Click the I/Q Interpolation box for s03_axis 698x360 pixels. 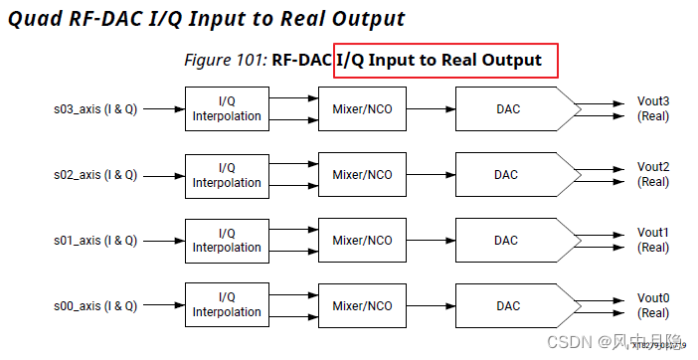(227, 108)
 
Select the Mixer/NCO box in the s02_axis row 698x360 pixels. (362, 174)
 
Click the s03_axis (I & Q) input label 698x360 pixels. (95, 108)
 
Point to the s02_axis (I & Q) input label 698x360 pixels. (95, 174)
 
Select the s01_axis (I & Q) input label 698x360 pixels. (95, 240)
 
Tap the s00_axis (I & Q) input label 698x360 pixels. (95, 305)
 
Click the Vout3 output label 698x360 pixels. (653, 101)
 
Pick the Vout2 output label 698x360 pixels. (653, 167)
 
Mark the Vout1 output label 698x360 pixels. (653, 233)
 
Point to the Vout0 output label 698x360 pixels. (653, 298)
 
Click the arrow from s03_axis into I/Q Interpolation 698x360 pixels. (162, 108)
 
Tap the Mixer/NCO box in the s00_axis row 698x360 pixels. (362, 305)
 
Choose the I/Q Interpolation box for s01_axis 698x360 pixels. (227, 240)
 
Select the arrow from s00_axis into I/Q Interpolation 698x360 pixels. (162, 305)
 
